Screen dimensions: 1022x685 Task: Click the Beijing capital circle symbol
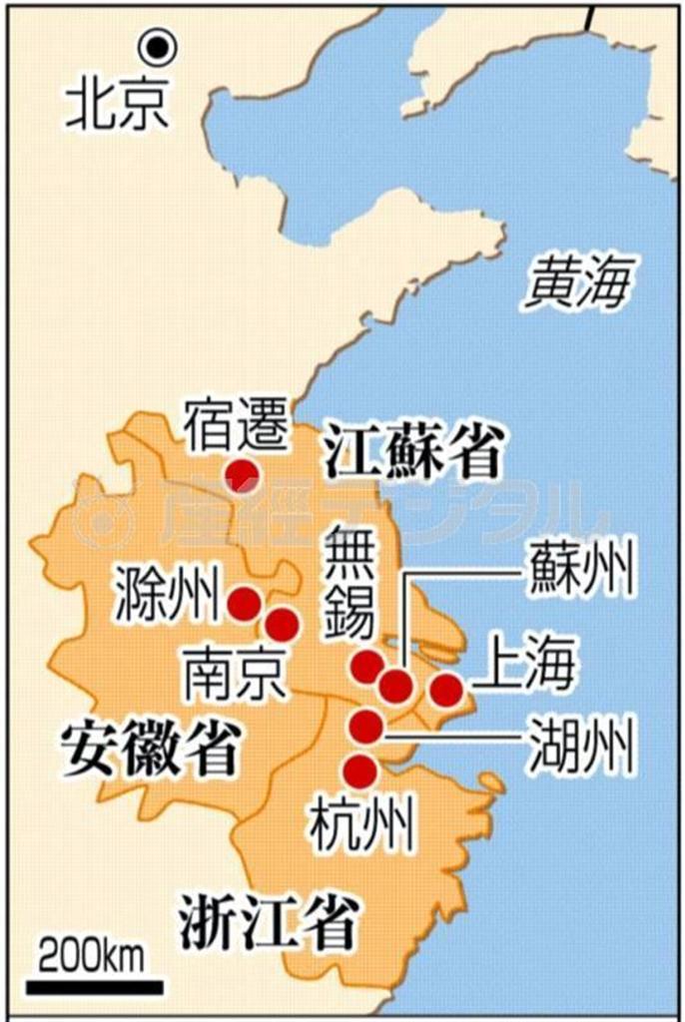157,46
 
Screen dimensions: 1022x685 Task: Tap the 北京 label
117,103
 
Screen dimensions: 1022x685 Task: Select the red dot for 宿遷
242,473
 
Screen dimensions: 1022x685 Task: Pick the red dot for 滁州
244,603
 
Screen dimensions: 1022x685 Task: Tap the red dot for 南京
282,625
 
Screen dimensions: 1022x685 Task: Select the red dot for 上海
445,689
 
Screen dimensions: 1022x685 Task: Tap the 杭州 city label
361,827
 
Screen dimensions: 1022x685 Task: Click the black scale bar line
94,987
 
